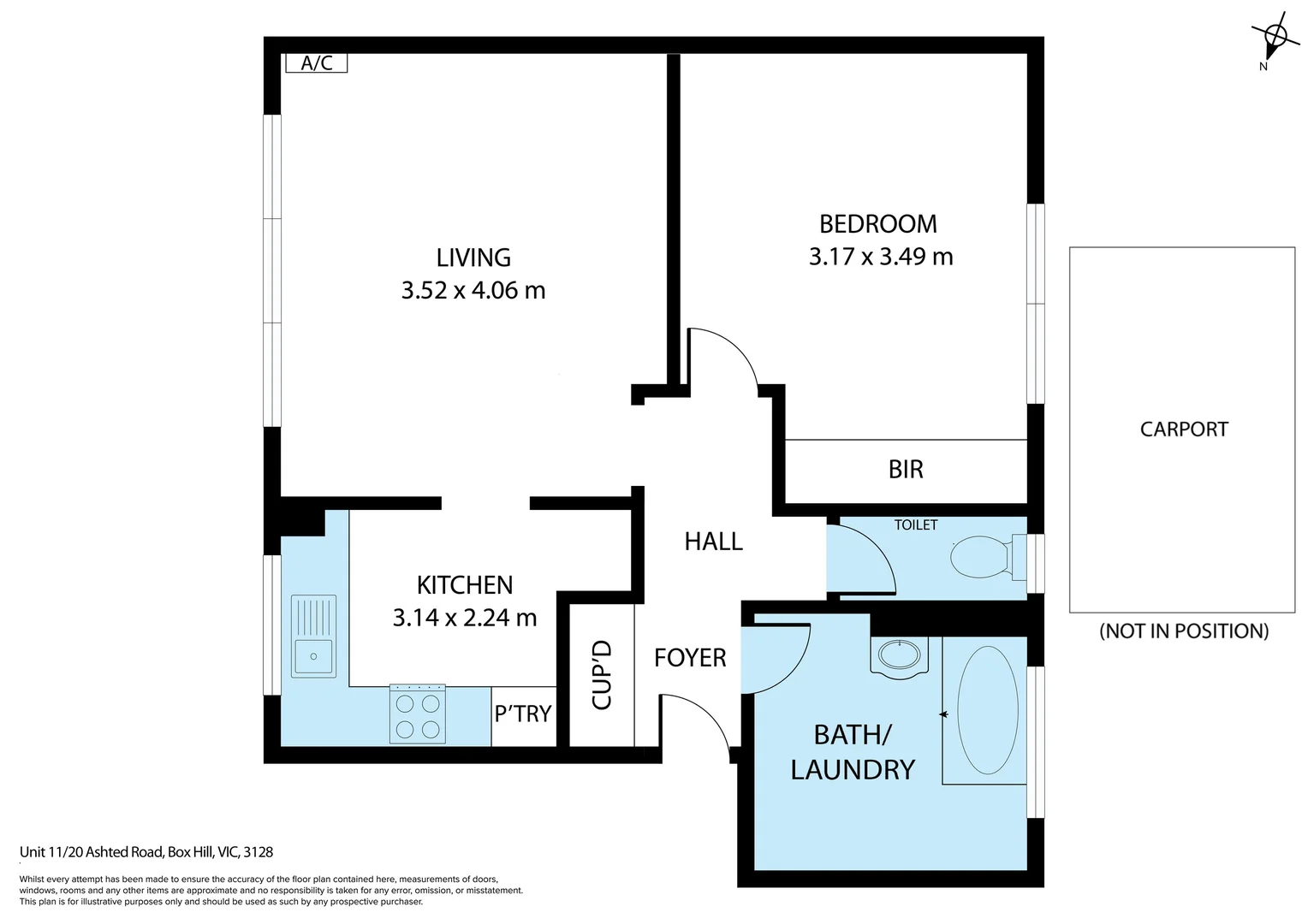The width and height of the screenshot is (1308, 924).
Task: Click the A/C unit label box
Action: (x=317, y=63)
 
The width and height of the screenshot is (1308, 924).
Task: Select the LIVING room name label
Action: (x=473, y=258)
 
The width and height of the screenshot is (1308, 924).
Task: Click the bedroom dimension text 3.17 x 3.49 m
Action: (x=881, y=257)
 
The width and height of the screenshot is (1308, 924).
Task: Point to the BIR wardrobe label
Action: (x=906, y=470)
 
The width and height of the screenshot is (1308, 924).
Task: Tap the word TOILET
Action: (x=916, y=524)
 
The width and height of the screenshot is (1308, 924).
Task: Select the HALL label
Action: (x=714, y=542)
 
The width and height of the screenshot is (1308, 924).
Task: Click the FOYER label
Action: (x=690, y=658)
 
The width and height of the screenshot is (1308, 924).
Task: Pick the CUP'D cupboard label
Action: (x=602, y=675)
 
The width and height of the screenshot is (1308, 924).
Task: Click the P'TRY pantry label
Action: (x=523, y=714)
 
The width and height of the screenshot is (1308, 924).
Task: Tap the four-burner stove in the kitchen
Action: (x=418, y=714)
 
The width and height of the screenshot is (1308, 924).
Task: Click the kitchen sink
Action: (x=313, y=637)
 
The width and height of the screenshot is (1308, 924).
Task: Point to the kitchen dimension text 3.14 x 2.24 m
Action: (x=464, y=618)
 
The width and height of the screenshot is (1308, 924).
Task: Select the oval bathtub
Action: (x=988, y=710)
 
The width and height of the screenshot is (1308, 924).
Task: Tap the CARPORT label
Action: (x=1184, y=429)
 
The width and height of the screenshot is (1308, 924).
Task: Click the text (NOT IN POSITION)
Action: (x=1184, y=631)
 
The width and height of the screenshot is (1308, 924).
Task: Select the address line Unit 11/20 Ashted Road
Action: (x=92, y=852)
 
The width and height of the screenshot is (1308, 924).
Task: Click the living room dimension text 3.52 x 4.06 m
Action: (x=473, y=291)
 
